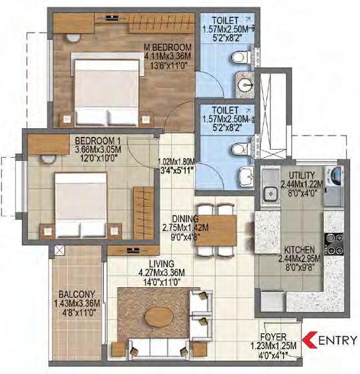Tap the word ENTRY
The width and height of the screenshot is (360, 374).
click(x=338, y=340)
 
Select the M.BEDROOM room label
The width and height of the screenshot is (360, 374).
click(x=168, y=47)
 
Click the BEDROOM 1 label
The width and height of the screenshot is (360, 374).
click(x=98, y=140)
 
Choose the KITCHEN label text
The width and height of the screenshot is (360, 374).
click(x=299, y=250)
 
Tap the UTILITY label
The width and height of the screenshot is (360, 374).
click(x=302, y=175)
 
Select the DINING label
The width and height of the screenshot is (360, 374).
click(x=185, y=218)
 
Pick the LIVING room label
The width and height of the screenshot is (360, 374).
click(x=162, y=264)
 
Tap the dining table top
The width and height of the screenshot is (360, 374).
click(x=216, y=230)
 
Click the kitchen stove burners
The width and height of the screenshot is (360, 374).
click(x=334, y=244)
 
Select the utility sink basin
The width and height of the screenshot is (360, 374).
click(x=271, y=193)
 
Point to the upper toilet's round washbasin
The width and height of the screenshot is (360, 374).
click(x=246, y=85)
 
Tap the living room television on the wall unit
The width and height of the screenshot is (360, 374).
click(x=133, y=250)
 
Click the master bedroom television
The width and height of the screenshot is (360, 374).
click(x=112, y=17)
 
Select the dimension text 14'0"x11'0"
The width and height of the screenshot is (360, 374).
click(x=162, y=283)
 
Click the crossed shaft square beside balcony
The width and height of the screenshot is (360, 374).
click(x=59, y=250)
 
